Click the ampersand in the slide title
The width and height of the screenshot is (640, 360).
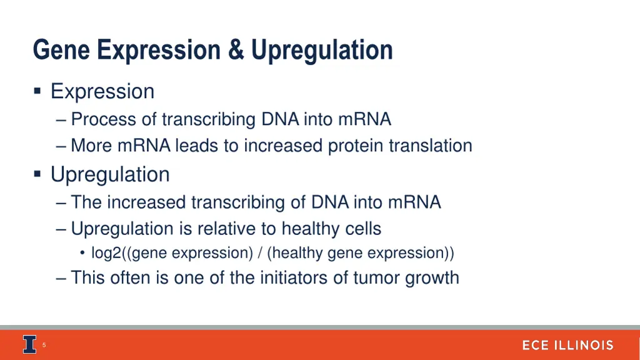point(236,50)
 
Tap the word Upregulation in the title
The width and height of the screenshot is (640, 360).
point(322,50)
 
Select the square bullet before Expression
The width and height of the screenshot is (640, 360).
point(37,92)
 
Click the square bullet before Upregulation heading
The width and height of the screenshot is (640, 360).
point(37,174)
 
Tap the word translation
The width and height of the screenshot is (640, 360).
point(430,146)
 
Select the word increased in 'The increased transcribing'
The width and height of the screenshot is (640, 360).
point(147,202)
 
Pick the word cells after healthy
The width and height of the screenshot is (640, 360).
point(363,229)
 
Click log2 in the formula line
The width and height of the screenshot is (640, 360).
point(107,253)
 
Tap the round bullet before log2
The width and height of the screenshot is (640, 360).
point(82,254)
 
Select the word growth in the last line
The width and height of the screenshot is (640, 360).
point(432,278)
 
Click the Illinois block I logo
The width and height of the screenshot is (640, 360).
point(30,344)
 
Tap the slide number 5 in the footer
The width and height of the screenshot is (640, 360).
point(44,345)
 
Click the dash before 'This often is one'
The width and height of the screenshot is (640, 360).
point(61,278)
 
